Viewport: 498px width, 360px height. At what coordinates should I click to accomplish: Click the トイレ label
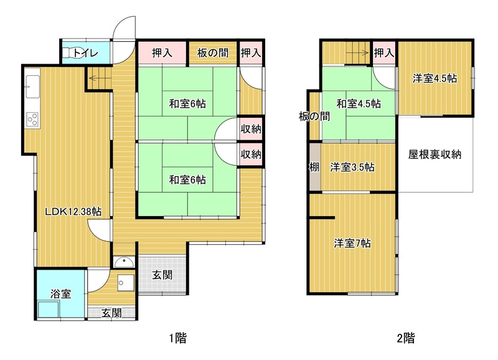tap(86, 53)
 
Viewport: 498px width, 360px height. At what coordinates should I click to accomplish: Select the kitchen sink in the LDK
tap(32, 87)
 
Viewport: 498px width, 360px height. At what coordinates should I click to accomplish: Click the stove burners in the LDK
tap(32, 120)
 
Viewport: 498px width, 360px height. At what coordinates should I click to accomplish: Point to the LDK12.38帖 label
tap(73, 211)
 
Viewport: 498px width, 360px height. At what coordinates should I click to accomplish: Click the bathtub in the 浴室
tap(49, 309)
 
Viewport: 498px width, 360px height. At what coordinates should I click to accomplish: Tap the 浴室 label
tap(60, 293)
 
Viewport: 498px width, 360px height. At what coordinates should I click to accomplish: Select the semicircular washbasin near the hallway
tap(124, 262)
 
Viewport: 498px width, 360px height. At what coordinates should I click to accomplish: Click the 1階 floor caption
tap(177, 338)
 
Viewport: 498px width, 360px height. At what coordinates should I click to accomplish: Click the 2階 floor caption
tap(406, 338)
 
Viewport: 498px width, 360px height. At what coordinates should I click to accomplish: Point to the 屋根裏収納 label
tap(435, 154)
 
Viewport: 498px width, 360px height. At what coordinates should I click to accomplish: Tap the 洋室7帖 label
tap(352, 244)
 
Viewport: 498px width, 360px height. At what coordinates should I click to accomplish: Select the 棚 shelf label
tap(314, 167)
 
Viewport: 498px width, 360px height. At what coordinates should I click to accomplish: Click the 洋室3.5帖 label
tap(352, 167)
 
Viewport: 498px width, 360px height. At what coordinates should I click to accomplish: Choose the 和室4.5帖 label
tap(359, 103)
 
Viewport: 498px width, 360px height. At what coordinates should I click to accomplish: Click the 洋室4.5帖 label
tap(435, 78)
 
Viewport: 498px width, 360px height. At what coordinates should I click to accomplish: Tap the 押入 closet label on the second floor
tap(384, 53)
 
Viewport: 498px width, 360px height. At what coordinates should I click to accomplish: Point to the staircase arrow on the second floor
tap(359, 52)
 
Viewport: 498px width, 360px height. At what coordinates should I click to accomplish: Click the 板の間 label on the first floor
tap(212, 53)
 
